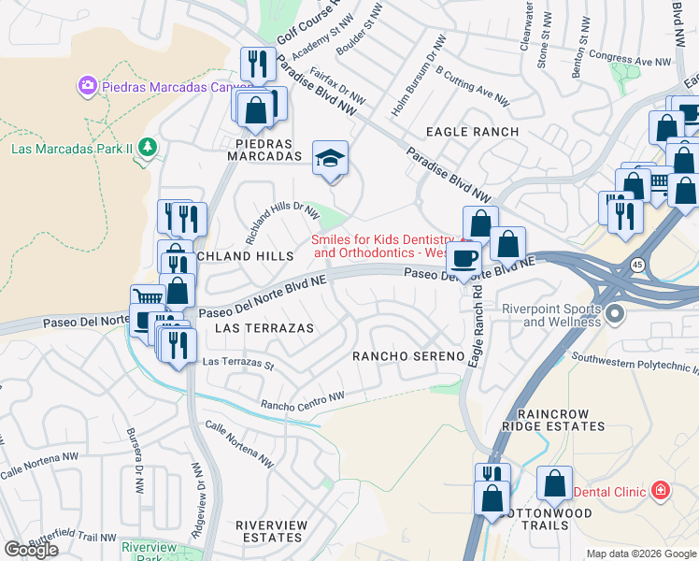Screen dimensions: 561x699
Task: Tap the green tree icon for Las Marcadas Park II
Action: (x=147, y=147)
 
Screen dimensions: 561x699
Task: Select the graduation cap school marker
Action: (x=330, y=157)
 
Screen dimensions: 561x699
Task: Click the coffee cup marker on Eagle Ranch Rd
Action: (x=464, y=257)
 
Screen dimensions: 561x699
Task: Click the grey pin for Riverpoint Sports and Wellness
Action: (x=614, y=315)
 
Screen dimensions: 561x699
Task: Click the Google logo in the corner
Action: (x=31, y=550)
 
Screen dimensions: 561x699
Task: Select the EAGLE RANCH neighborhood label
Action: (x=472, y=132)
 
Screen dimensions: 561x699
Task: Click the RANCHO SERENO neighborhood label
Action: (x=407, y=356)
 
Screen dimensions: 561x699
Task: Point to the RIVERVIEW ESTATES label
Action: (x=271, y=531)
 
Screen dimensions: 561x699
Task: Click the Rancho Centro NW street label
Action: (x=304, y=402)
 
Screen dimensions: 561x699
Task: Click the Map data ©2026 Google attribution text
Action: (x=641, y=554)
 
